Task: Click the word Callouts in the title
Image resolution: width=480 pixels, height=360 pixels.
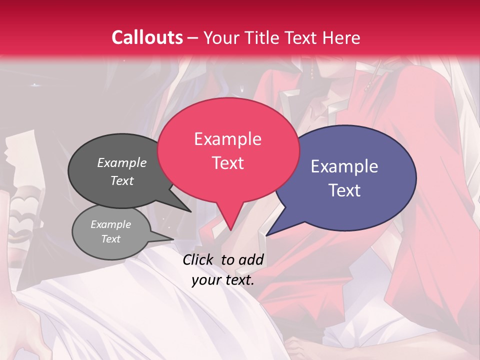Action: coord(147,37)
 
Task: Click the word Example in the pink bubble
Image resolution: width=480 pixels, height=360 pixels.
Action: coord(227,139)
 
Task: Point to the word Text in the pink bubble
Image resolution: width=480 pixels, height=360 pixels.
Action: coord(227,163)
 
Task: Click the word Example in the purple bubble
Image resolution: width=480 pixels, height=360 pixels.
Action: coord(344,166)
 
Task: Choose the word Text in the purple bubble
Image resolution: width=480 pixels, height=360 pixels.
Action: coord(344,190)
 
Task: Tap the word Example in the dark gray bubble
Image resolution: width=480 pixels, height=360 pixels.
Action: coord(122,162)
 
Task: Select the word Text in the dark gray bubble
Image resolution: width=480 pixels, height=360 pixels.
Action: coord(122,180)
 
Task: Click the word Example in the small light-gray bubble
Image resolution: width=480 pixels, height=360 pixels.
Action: coord(110,224)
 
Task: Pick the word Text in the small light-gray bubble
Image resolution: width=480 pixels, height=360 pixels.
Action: coord(110,239)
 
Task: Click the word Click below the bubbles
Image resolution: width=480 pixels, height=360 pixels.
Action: coord(199,259)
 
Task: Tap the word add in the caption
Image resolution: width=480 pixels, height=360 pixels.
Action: coord(251,259)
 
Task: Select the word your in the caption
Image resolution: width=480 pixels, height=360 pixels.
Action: coord(206,280)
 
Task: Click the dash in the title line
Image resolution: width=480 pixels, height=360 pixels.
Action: coord(192,38)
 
